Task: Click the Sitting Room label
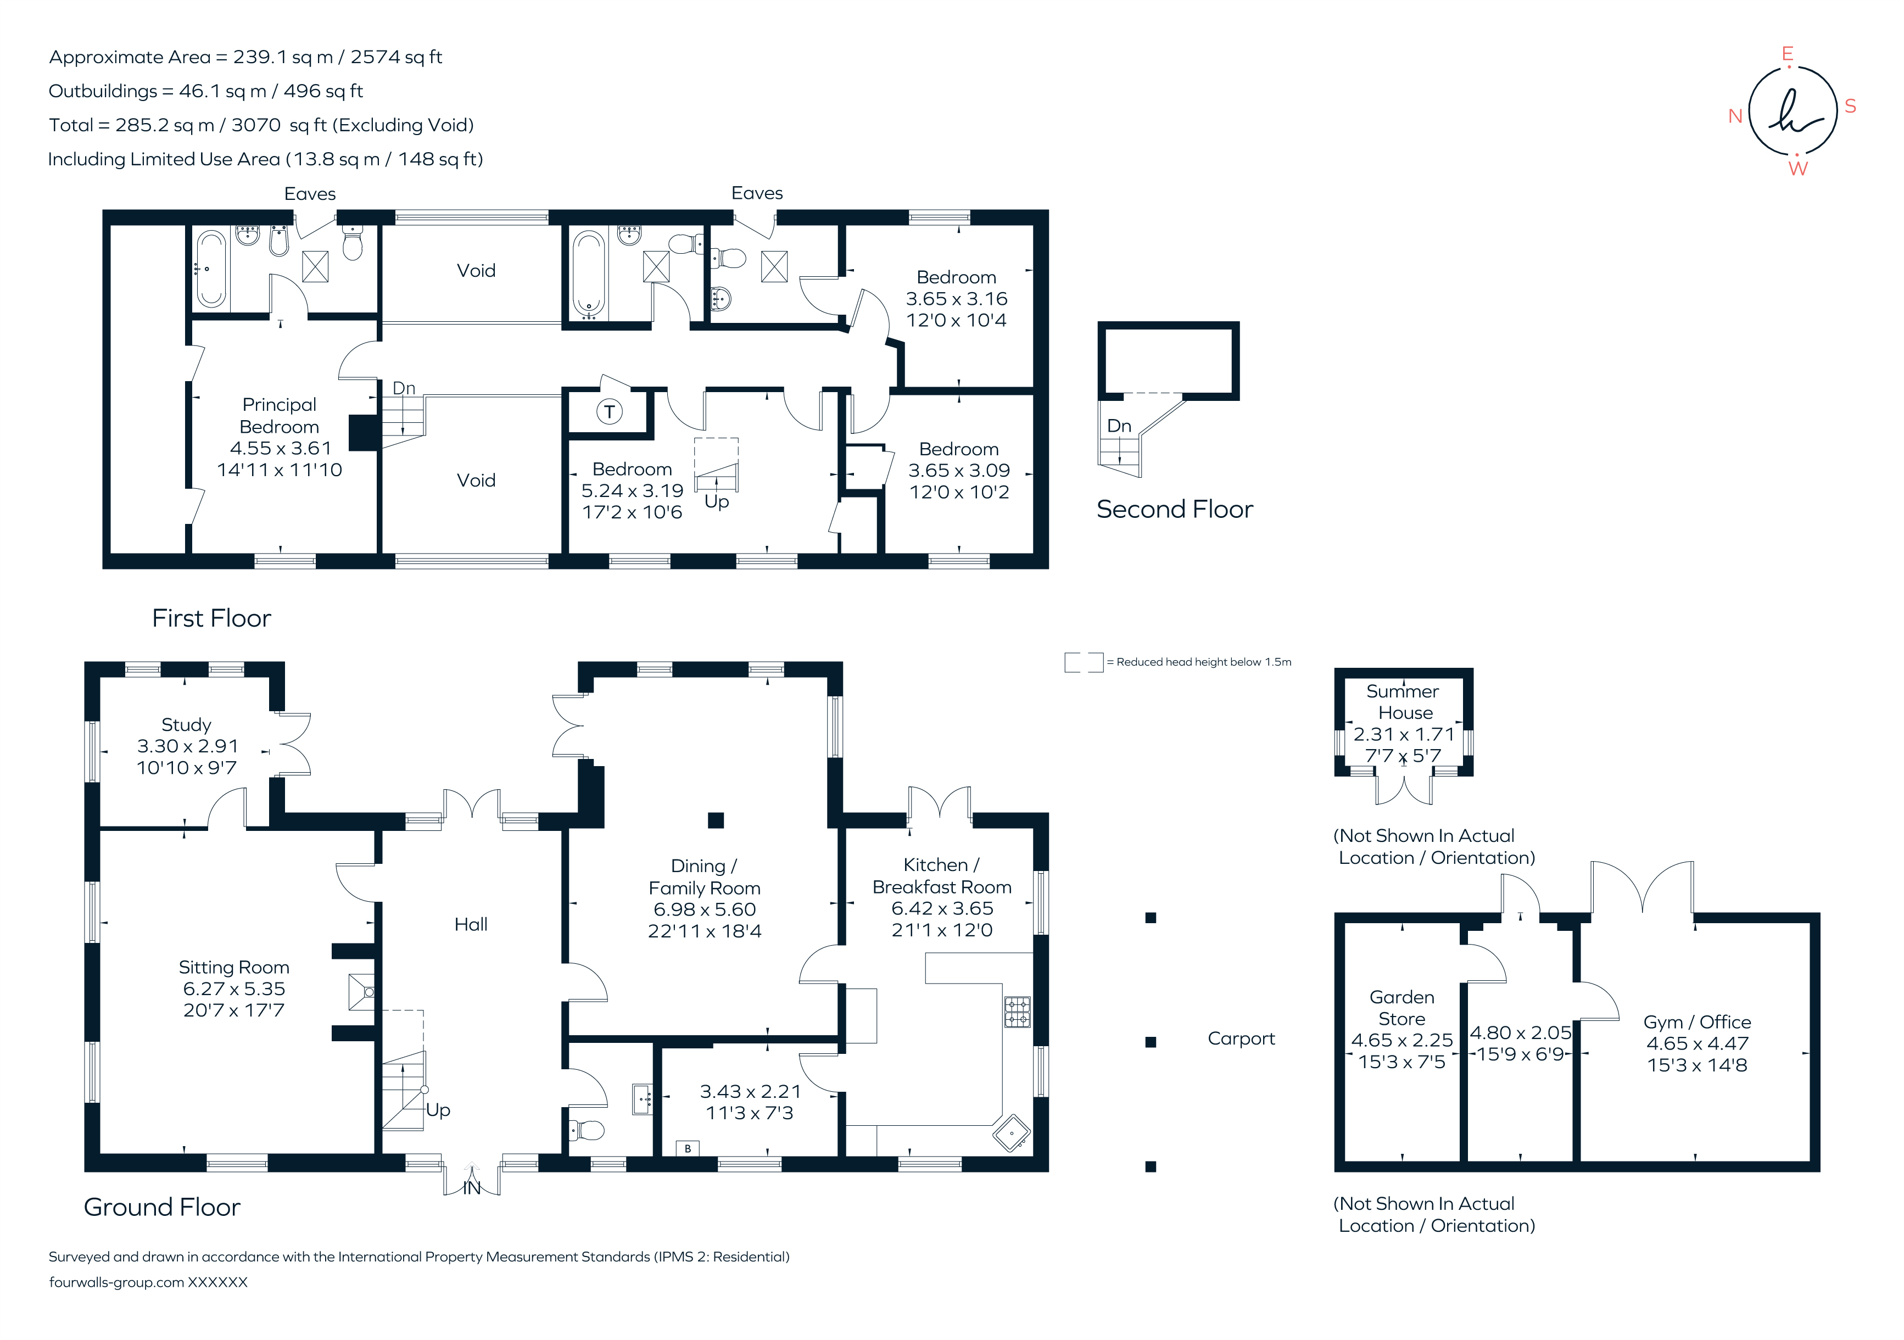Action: click(x=234, y=968)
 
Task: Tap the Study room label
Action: click(x=187, y=725)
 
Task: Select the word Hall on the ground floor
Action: click(x=471, y=925)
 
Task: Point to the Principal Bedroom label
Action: click(x=280, y=415)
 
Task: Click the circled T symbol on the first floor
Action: click(x=610, y=411)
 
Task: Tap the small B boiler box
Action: click(x=688, y=1148)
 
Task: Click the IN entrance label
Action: click(x=472, y=1188)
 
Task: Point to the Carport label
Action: click(x=1241, y=1039)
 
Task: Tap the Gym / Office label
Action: click(x=1696, y=1023)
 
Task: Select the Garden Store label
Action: click(x=1402, y=1008)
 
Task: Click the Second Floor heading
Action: click(x=1174, y=509)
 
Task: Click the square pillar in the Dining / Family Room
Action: click(x=716, y=820)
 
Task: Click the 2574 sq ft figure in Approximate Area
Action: click(x=397, y=57)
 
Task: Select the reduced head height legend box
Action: click(x=1084, y=662)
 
